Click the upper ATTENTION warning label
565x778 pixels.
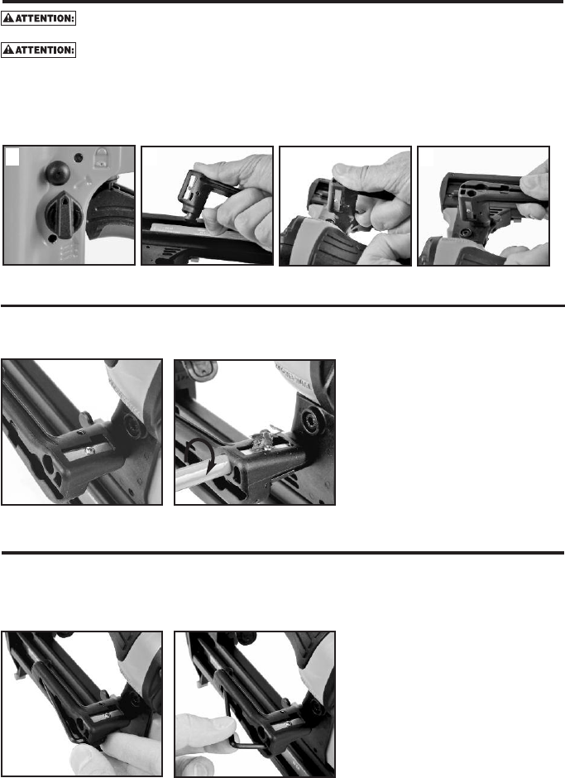point(38,18)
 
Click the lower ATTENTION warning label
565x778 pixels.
point(38,50)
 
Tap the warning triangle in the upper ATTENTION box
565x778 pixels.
point(8,18)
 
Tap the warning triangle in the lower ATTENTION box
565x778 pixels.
point(8,50)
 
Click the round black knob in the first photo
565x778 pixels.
point(58,172)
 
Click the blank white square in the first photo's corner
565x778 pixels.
point(12,156)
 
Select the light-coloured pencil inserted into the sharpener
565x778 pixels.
point(202,475)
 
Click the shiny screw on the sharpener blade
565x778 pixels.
point(90,450)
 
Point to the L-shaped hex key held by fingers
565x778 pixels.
point(237,714)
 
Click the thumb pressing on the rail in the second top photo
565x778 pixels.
point(213,221)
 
